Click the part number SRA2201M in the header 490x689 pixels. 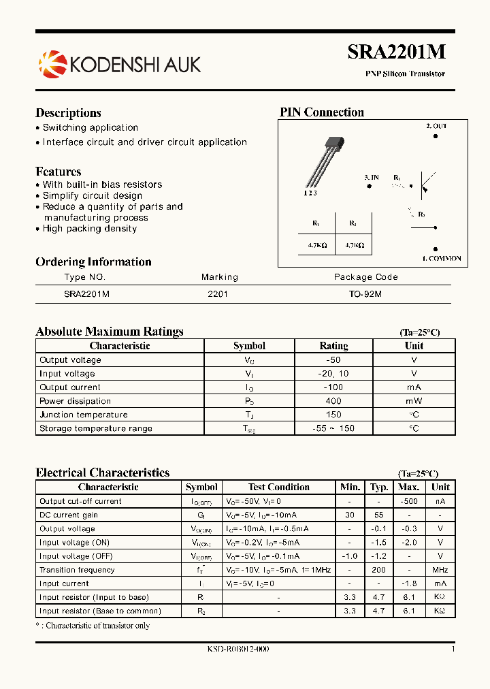pyautogui.click(x=397, y=52)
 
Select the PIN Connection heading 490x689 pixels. pyautogui.click(x=322, y=112)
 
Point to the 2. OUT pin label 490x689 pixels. pyautogui.click(x=436, y=126)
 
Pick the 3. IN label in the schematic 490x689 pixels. pyautogui.click(x=372, y=178)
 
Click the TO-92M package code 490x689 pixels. pyautogui.click(x=366, y=294)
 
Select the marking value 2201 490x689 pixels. pyautogui.click(x=218, y=294)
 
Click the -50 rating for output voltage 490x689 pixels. pyautogui.click(x=333, y=359)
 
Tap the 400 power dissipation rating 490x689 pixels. pyautogui.click(x=333, y=401)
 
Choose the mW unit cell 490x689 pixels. pyautogui.click(x=414, y=401)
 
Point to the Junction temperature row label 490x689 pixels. pyautogui.click(x=84, y=415)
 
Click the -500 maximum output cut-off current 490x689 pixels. pyautogui.click(x=408, y=501)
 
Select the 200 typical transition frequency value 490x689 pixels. pyautogui.click(x=379, y=570)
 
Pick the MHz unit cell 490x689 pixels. pyautogui.click(x=440, y=570)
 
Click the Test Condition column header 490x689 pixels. pyautogui.click(x=279, y=487)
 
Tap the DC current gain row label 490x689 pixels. pyautogui.click(x=69, y=515)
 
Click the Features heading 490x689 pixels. pyautogui.click(x=59, y=172)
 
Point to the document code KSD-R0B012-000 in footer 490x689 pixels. pyautogui.click(x=238, y=649)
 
